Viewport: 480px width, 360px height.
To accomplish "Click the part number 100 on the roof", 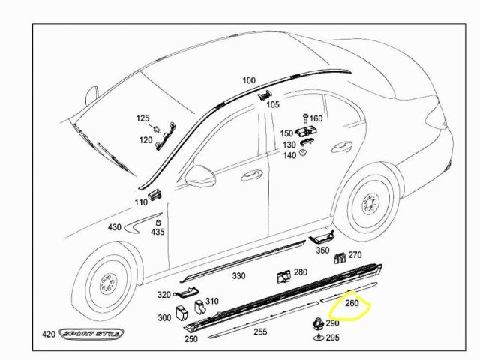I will (249, 80).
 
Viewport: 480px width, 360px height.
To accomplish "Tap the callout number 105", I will (273, 105).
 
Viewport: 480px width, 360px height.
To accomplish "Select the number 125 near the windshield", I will (142, 118).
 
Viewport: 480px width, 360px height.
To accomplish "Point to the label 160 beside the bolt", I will (316, 118).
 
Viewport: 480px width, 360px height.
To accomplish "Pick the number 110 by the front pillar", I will (141, 202).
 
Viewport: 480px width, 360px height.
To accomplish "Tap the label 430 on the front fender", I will (114, 226).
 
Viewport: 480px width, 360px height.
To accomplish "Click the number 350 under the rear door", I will (322, 250).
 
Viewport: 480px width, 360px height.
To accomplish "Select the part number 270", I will (355, 255).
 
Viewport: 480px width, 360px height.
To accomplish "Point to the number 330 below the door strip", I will (238, 276).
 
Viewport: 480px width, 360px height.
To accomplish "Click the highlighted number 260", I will (352, 304).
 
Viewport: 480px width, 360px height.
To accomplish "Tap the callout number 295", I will (331, 338).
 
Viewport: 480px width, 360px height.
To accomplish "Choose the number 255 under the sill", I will (260, 331).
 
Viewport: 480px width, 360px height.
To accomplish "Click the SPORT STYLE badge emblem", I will (93, 334).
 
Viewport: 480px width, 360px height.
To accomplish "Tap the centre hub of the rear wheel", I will (369, 203).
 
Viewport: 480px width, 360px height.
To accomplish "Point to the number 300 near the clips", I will (164, 317).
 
